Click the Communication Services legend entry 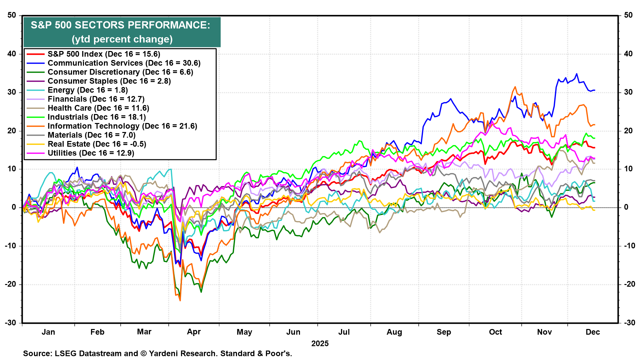[x=124, y=63]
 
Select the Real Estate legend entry [x=97, y=144]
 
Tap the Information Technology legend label [x=122, y=126]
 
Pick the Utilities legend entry [x=91, y=153]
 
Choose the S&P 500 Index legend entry [x=104, y=54]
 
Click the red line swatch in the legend [x=35, y=54]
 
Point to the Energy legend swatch [x=35, y=90]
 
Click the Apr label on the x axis [x=194, y=332]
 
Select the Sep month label [x=444, y=332]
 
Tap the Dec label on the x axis [x=593, y=332]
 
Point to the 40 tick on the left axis [x=12, y=54]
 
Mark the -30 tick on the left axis [x=11, y=323]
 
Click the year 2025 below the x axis [x=320, y=344]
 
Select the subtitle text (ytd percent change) [x=122, y=39]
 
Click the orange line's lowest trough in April [x=180, y=300]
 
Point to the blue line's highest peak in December [x=577, y=74]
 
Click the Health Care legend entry [x=98, y=108]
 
